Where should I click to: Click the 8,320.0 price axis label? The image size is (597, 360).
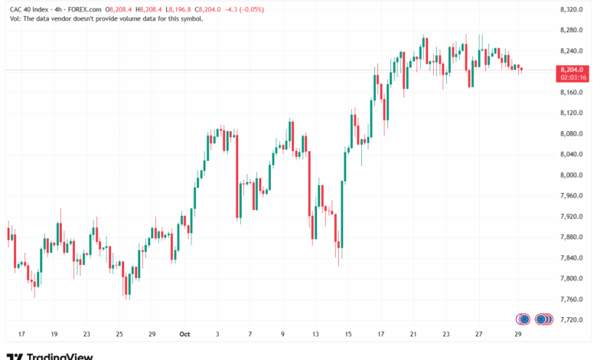(x=572, y=9)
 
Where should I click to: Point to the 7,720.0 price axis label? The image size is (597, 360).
(x=572, y=320)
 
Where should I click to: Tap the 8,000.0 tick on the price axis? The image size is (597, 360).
(x=572, y=175)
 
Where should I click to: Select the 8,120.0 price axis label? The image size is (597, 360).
(x=572, y=113)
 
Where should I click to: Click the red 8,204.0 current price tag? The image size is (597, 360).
(x=573, y=69)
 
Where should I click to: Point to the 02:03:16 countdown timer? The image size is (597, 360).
(x=573, y=77)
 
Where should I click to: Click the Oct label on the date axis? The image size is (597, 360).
(x=184, y=335)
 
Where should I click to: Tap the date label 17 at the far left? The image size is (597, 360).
(x=21, y=335)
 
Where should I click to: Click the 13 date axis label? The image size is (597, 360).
(x=315, y=335)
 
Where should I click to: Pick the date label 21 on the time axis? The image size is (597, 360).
(x=413, y=335)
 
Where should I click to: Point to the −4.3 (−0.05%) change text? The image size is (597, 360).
(x=246, y=9)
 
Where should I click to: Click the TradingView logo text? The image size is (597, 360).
(x=60, y=355)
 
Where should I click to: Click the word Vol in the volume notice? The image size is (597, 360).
(x=15, y=18)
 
